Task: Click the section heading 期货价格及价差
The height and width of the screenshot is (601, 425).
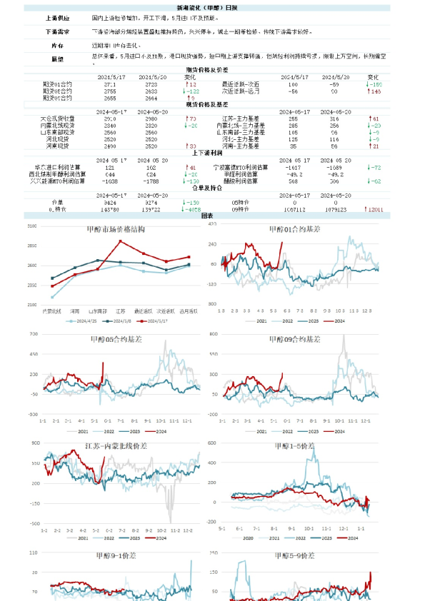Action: [x=212, y=70]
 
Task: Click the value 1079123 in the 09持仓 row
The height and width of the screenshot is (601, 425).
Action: [x=336, y=210]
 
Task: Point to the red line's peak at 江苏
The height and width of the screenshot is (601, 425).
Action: [x=121, y=241]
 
